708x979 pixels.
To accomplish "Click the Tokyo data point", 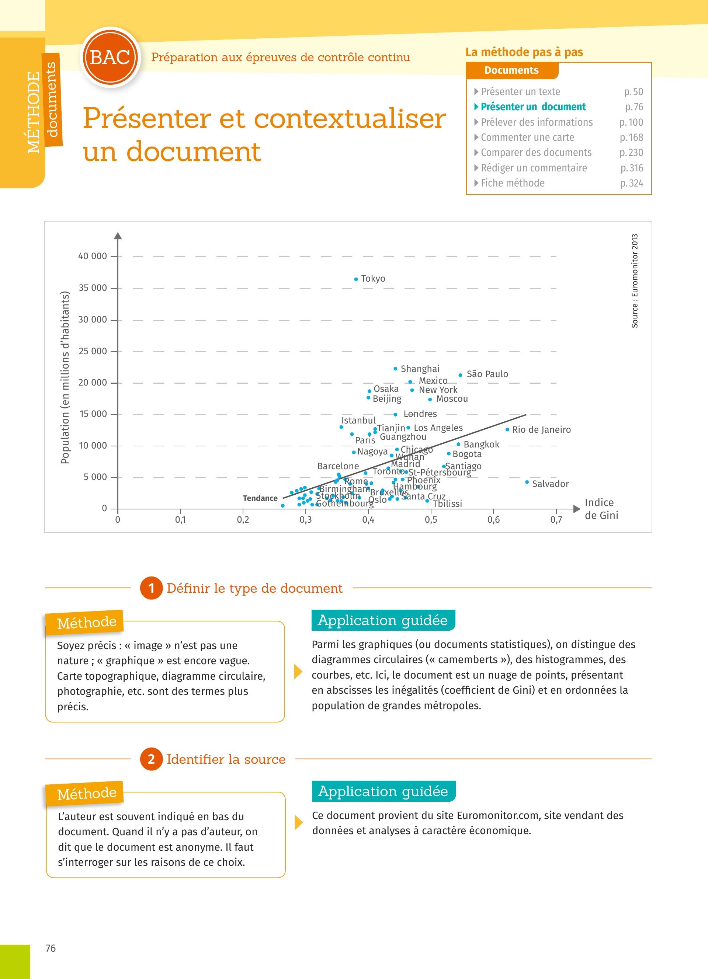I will [x=356, y=279].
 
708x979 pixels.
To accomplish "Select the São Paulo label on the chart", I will [x=487, y=374].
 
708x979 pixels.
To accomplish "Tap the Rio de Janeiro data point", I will [x=508, y=429].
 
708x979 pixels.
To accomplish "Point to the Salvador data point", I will [x=527, y=482].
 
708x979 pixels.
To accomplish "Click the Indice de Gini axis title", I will [x=601, y=509].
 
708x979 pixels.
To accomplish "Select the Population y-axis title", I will [x=65, y=378].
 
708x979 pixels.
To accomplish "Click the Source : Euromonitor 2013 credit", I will [x=635, y=281].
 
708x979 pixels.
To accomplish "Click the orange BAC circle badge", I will [x=110, y=58].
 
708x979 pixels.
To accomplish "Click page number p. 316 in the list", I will [x=632, y=168].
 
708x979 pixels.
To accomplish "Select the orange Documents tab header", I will [x=511, y=70].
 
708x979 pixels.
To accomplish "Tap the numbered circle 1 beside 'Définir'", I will [x=151, y=588].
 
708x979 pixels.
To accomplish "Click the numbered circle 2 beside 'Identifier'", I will [x=151, y=759].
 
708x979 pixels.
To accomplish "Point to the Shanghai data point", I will [x=395, y=369].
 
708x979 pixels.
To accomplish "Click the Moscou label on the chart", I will [x=452, y=399].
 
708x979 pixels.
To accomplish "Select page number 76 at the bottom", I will [x=51, y=948].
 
